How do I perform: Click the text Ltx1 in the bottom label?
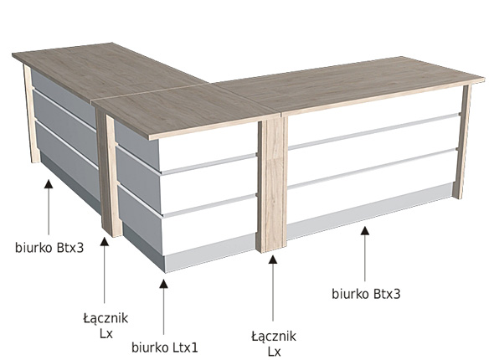click(185, 347)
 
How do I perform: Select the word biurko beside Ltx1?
click(150, 347)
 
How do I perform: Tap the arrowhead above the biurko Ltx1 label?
click(163, 284)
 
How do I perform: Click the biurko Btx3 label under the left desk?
click(49, 248)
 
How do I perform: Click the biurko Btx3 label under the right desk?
click(366, 294)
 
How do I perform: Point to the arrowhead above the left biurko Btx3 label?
click(49, 183)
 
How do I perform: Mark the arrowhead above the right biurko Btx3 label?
click(365, 230)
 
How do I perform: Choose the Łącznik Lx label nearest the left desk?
click(105, 326)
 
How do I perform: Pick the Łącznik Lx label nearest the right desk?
click(274, 343)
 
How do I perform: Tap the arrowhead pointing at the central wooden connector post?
click(273, 260)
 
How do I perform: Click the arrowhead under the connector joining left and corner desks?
click(105, 242)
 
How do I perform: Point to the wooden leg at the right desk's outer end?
click(462, 141)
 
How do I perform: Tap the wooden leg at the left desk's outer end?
click(32, 113)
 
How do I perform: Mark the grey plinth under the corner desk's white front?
click(210, 253)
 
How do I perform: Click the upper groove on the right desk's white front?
click(373, 130)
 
